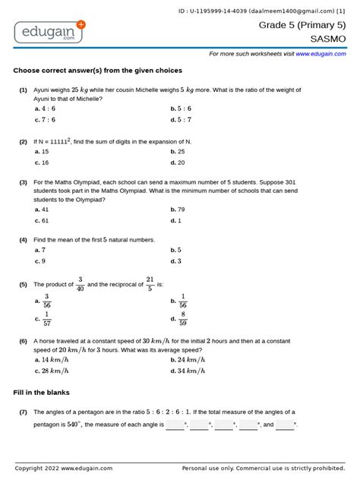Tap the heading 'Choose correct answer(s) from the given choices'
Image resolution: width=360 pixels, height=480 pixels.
pos(97,71)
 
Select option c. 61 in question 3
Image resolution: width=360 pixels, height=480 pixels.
pos(42,220)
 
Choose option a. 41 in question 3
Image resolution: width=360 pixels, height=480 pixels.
pos(42,209)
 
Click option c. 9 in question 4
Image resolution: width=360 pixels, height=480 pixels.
pos(40,261)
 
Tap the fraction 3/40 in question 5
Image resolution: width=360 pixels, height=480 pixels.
pos(81,284)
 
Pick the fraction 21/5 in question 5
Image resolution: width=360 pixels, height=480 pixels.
pos(150,284)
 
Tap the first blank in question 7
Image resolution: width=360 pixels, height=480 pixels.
pos(175,425)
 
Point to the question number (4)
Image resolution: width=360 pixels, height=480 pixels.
pos(24,239)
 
